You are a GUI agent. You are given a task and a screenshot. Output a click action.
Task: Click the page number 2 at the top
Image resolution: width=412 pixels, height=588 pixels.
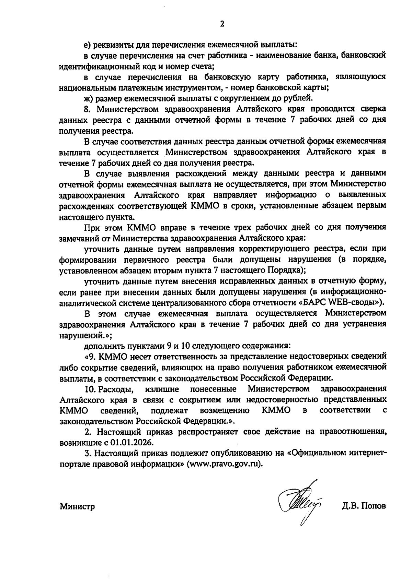pos(222,24)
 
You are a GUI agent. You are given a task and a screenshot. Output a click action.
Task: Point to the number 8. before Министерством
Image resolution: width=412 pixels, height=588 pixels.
pos(87,109)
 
